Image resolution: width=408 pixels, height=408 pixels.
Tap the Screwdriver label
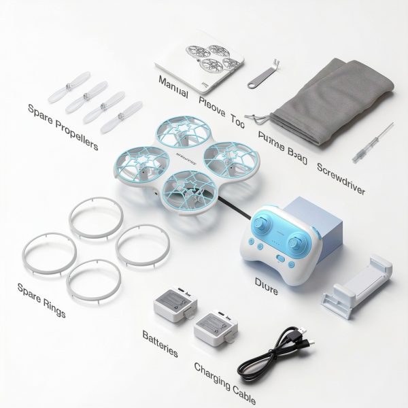(x=341, y=178)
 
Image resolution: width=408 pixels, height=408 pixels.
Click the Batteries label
(x=160, y=344)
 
